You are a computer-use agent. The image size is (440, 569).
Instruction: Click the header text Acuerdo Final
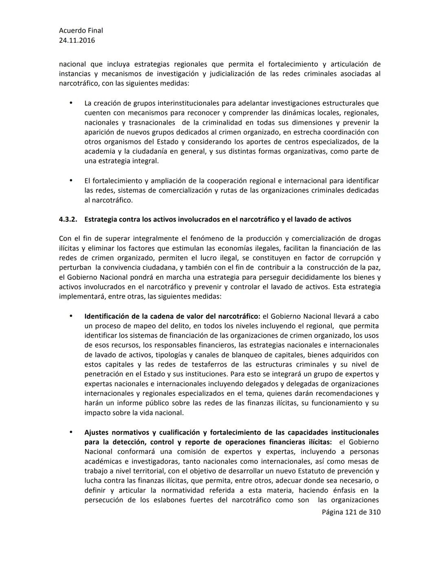tap(81, 31)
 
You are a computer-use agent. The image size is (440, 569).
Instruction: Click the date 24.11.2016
tap(77, 40)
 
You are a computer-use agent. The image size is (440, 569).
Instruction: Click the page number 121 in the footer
tap(350, 512)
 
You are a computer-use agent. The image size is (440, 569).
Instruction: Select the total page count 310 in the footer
tap(374, 512)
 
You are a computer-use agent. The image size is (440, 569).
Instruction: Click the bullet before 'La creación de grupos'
tap(71, 103)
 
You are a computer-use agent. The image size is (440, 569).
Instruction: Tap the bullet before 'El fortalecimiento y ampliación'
tap(71, 180)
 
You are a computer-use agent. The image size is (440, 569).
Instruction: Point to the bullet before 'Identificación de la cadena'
tap(71, 316)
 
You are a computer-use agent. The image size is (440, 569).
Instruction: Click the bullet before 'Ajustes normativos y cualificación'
tap(71, 432)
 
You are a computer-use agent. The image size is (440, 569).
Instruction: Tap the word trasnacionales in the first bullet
tap(152, 123)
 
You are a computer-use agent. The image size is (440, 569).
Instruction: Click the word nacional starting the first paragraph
tap(72, 64)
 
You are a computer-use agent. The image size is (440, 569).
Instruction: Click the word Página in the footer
tap(332, 512)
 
